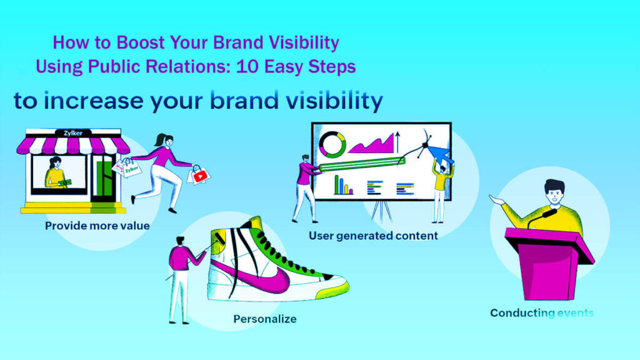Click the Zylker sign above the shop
click(70, 133)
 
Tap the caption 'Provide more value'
click(97, 226)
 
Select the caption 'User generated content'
click(373, 236)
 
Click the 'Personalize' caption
click(264, 319)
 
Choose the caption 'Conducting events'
click(542, 313)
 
